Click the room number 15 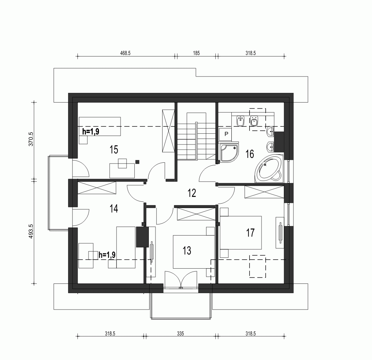[x=114, y=150]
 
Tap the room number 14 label [x=114, y=209]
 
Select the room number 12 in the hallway [x=191, y=192]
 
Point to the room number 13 [x=187, y=250]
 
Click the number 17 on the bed [x=250, y=233]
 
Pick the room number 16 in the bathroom [x=250, y=154]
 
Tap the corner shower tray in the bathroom [x=228, y=152]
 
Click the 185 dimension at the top [x=196, y=53]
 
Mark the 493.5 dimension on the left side [x=31, y=231]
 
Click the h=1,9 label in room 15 [x=90, y=131]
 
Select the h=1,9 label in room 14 [x=107, y=255]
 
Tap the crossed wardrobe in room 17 [x=264, y=192]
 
